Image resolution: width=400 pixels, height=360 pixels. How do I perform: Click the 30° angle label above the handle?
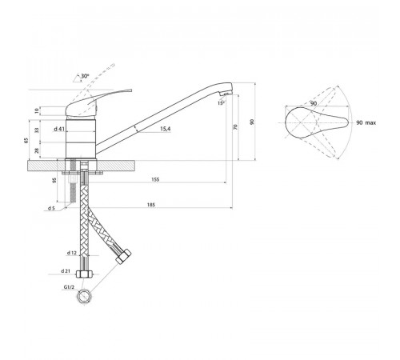click(x=85, y=76)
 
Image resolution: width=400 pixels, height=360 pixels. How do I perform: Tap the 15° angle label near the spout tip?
click(x=221, y=103)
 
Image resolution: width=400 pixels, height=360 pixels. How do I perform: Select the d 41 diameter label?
click(x=59, y=129)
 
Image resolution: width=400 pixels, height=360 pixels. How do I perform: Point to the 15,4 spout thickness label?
click(x=166, y=129)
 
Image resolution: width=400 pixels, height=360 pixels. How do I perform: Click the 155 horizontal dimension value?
click(x=155, y=179)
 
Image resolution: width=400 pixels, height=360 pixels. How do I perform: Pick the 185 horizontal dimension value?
click(x=151, y=205)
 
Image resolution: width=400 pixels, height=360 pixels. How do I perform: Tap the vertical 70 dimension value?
click(x=235, y=127)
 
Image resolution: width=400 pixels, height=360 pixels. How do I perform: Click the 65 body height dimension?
click(x=26, y=141)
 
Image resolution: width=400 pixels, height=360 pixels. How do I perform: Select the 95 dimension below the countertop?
click(x=54, y=180)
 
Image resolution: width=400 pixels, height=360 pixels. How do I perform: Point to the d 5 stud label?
click(x=51, y=208)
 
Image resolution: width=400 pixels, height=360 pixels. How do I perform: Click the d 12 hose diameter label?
click(x=72, y=253)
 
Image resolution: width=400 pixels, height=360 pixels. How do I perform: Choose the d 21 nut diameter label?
click(x=66, y=271)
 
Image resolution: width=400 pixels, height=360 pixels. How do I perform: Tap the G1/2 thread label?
click(x=69, y=287)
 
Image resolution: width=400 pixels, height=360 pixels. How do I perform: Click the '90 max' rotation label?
click(x=366, y=122)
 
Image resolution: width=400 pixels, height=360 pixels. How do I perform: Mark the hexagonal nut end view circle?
click(x=85, y=297)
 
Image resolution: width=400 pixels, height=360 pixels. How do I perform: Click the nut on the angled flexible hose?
click(x=123, y=257)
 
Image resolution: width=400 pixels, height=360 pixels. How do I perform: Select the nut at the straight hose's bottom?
click(x=84, y=274)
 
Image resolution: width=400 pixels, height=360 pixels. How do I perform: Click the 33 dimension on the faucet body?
click(x=37, y=130)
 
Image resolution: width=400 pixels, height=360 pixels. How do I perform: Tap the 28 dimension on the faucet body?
click(x=37, y=150)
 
